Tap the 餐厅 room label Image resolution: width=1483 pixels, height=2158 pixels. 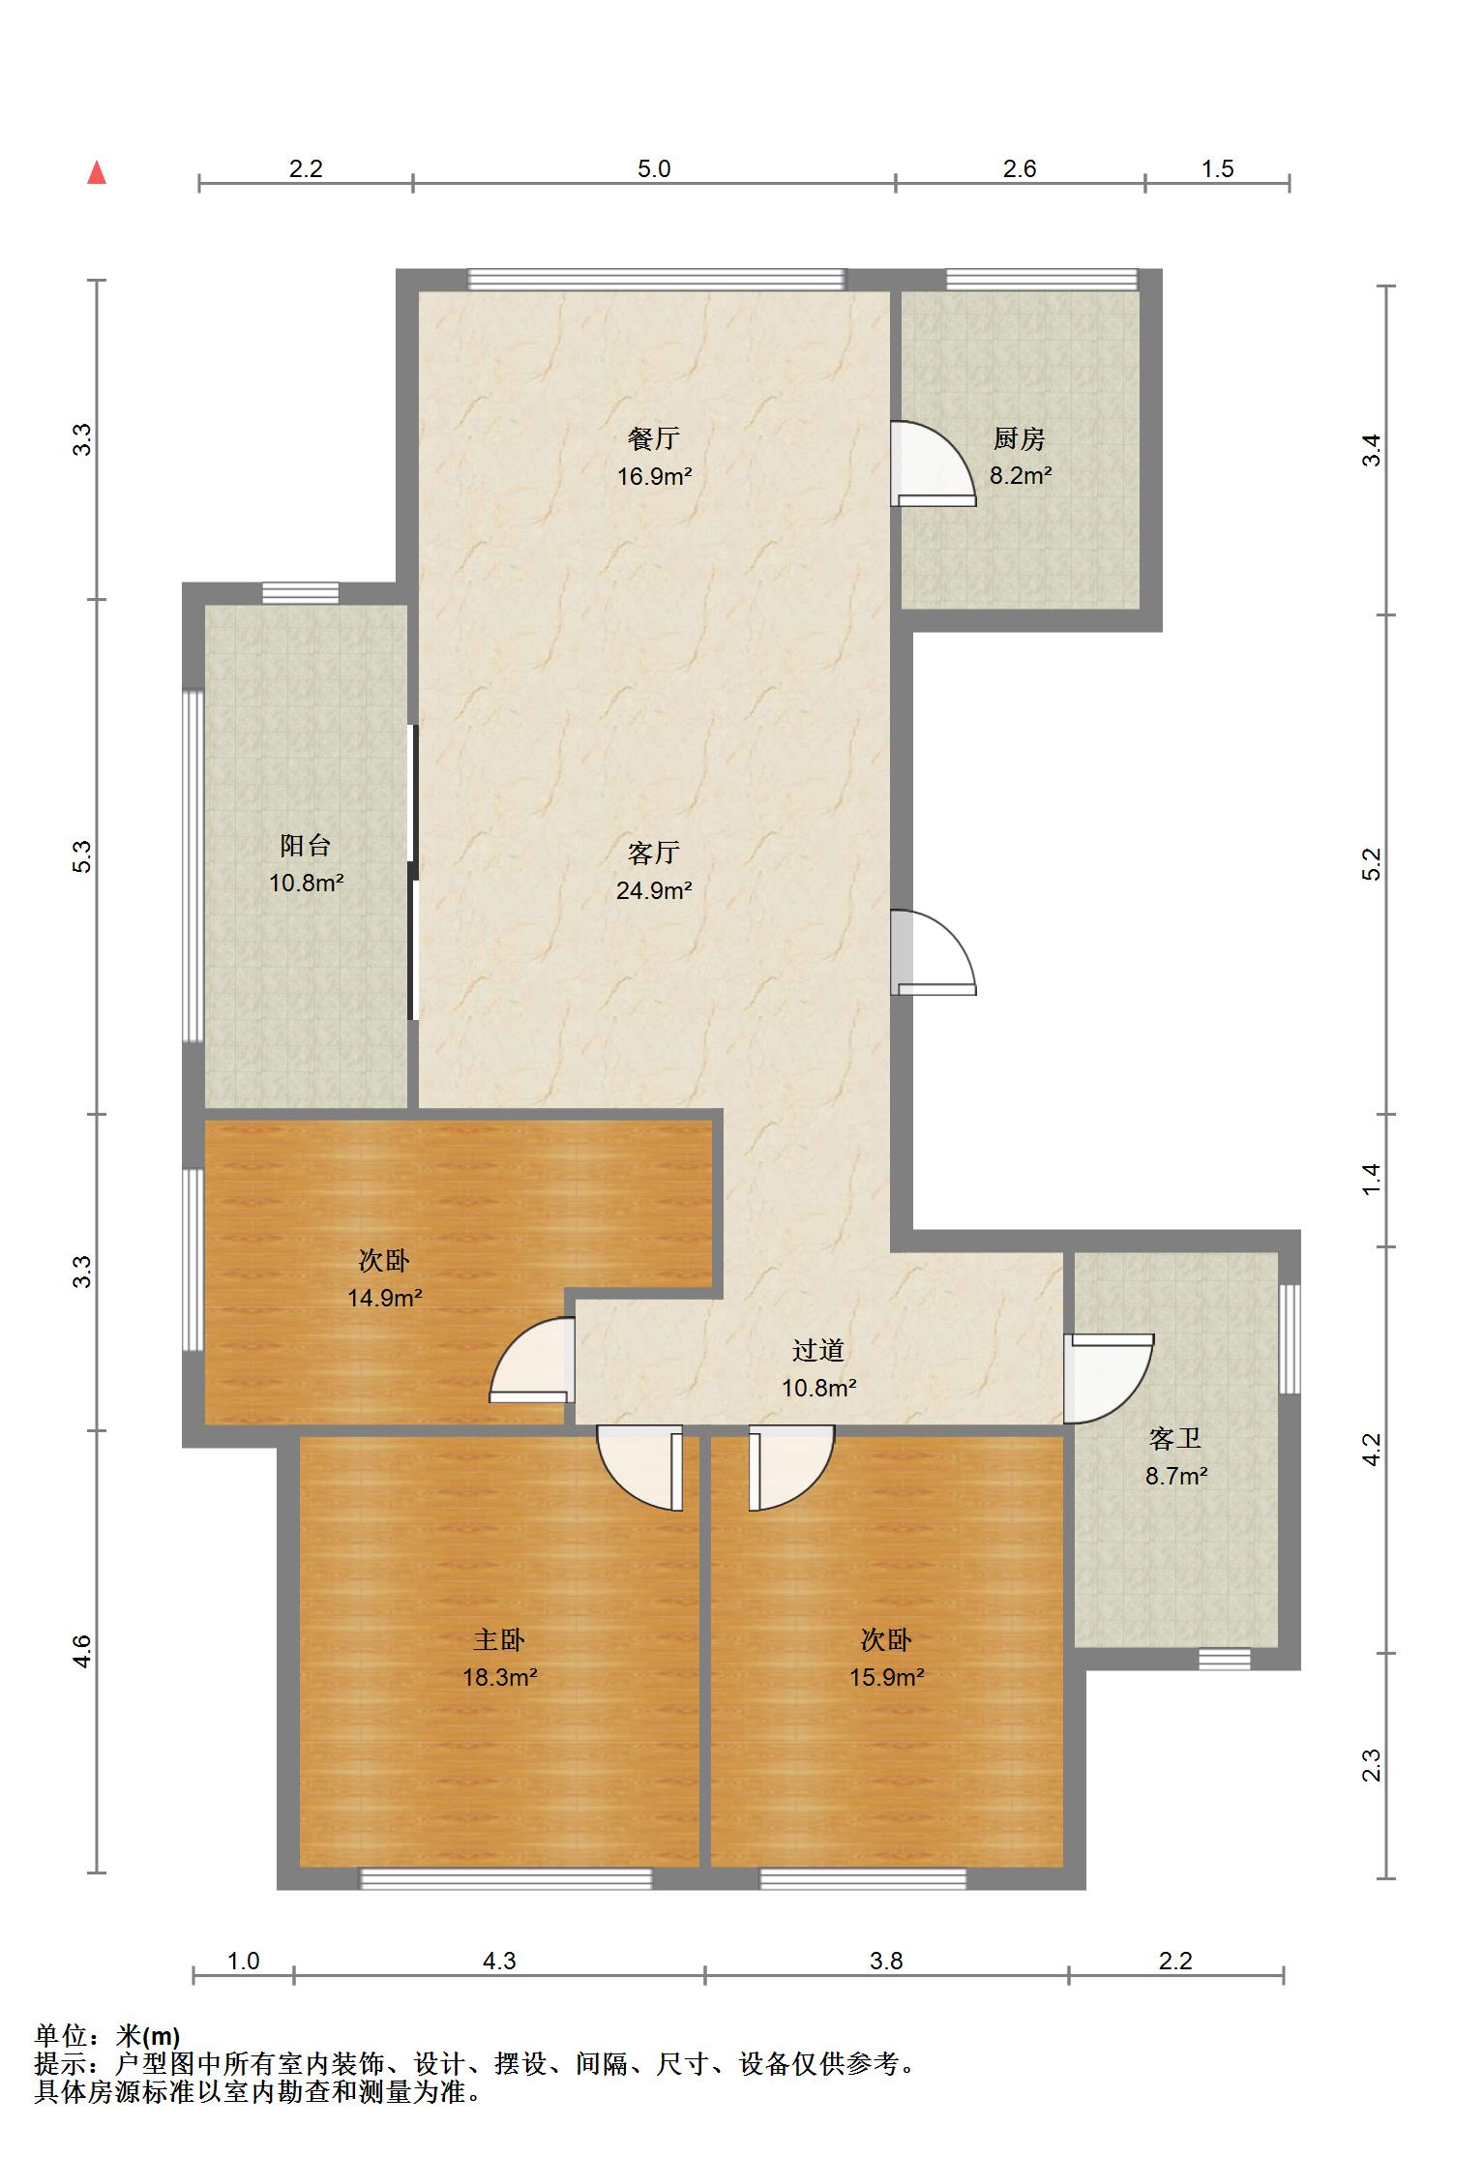654,438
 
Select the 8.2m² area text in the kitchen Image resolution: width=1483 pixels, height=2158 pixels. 1020,475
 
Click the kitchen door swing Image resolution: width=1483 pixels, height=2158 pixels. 934,464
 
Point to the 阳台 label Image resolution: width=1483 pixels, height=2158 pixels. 306,845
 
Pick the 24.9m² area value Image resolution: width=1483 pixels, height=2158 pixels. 654,890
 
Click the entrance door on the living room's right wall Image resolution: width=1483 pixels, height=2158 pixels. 934,952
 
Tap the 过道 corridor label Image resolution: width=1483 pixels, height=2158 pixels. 818,1350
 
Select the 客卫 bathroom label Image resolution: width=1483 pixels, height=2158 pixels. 1175,1438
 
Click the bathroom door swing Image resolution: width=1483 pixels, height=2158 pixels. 1109,1379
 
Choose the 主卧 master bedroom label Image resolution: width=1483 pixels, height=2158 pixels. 499,1639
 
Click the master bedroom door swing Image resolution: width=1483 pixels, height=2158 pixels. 639,1468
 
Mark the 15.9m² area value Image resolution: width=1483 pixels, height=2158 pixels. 886,1677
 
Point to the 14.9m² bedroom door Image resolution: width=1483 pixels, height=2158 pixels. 533,1360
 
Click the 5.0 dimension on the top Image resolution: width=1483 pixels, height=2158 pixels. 654,168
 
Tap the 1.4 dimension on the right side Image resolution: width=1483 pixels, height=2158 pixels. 1371,1179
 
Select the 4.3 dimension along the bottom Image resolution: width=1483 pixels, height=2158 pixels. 499,1962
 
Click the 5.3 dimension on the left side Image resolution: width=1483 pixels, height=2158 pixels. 83,856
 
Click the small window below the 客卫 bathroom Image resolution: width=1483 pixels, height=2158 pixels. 1224,1660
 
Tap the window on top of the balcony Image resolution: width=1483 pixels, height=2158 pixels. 301,593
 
